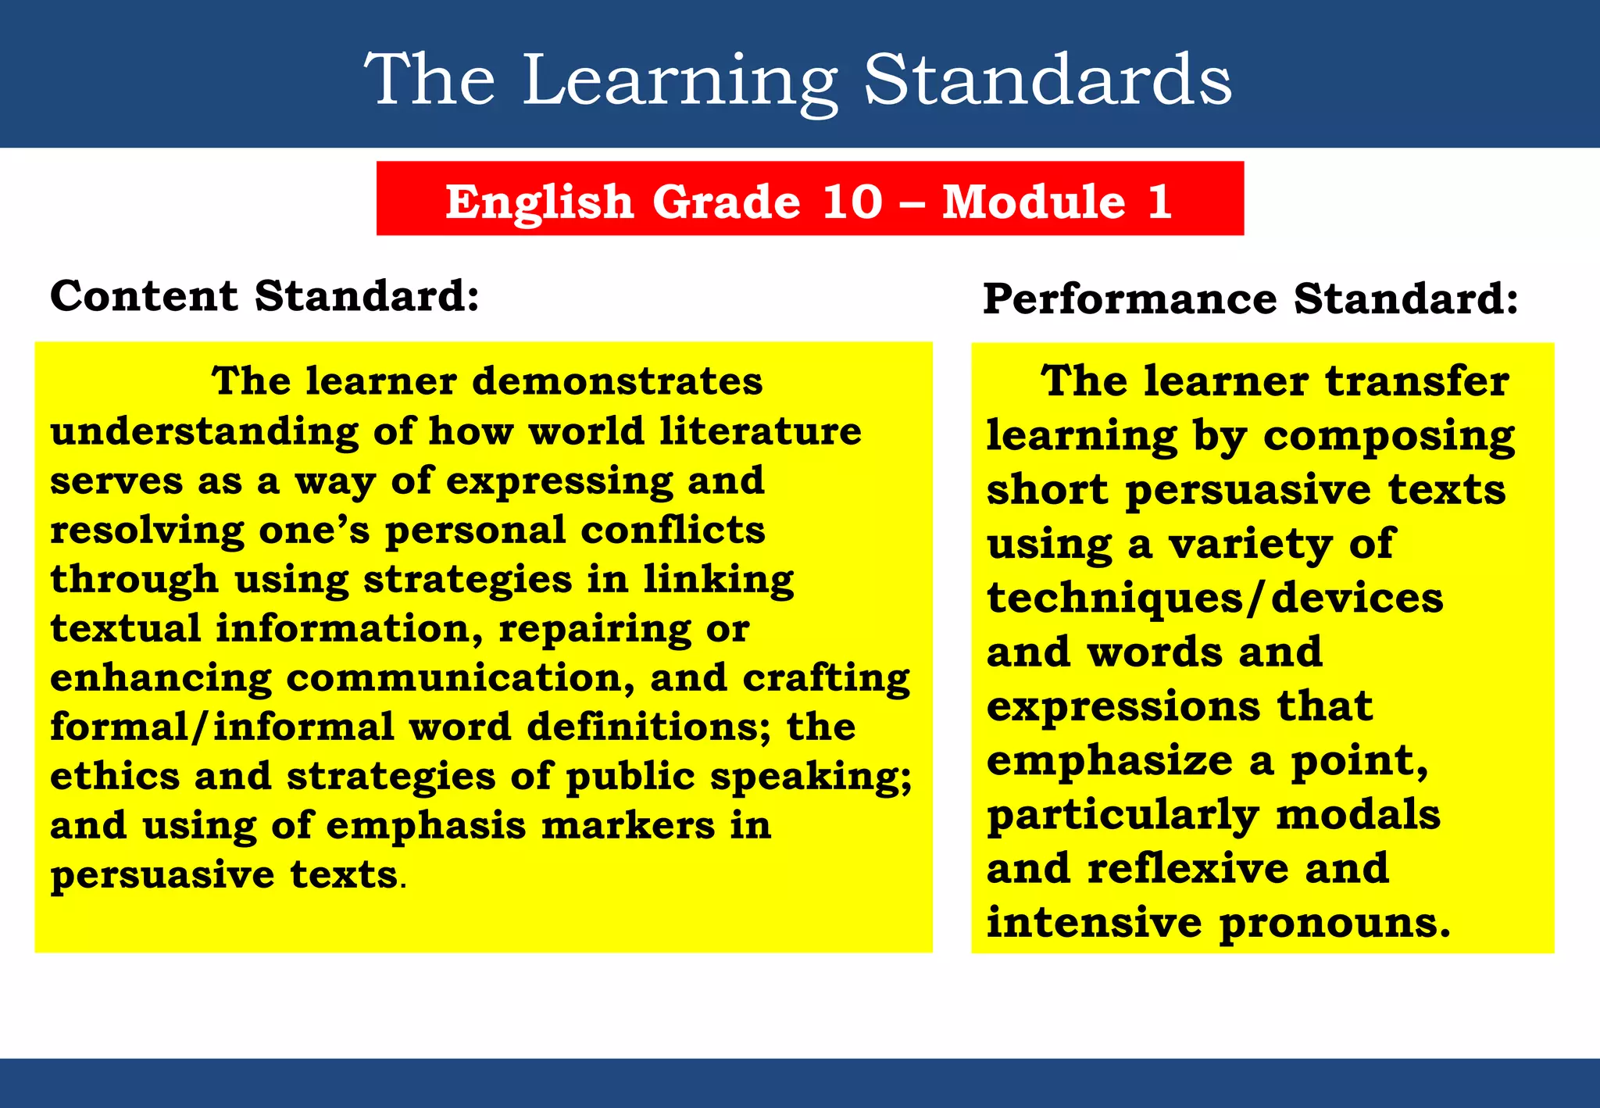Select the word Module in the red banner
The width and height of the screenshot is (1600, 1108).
click(x=1034, y=202)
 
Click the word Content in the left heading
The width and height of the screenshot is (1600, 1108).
click(x=144, y=296)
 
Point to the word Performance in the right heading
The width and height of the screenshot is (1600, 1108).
click(x=1130, y=298)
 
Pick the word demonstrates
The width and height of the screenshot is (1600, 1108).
click(x=617, y=381)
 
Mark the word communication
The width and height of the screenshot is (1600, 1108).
click(x=459, y=677)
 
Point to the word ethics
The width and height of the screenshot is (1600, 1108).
click(x=115, y=776)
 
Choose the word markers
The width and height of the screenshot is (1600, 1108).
click(x=628, y=825)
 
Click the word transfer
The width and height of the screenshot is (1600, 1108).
click(x=1417, y=381)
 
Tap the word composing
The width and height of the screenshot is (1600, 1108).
click(x=1389, y=436)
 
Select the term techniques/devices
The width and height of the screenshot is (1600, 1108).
click(x=1215, y=598)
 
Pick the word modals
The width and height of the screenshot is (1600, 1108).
click(x=1358, y=814)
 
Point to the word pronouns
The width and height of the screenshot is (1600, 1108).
click(x=1334, y=923)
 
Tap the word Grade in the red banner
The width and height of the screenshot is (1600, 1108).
click(x=727, y=202)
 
